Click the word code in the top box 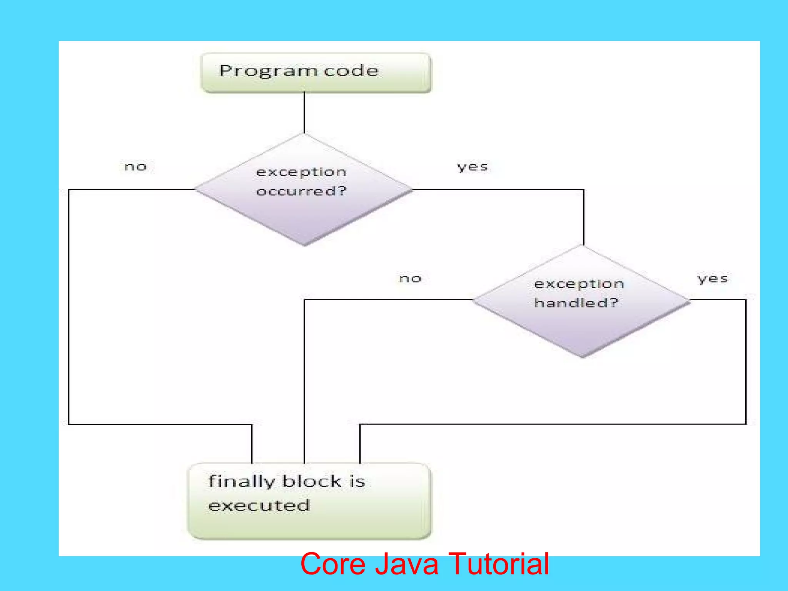pyautogui.click(x=351, y=71)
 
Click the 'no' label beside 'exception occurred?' pyautogui.click(x=135, y=167)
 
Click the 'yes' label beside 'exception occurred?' pyautogui.click(x=472, y=167)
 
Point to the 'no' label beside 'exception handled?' pyautogui.click(x=410, y=278)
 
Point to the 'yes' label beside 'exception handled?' pyautogui.click(x=713, y=278)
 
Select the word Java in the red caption pyautogui.click(x=407, y=564)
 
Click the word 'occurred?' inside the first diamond pyautogui.click(x=301, y=191)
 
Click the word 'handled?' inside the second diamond pyautogui.click(x=576, y=303)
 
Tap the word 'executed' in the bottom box pyautogui.click(x=259, y=505)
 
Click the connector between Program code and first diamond pyautogui.click(x=304, y=112)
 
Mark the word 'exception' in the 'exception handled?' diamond pyautogui.click(x=579, y=284)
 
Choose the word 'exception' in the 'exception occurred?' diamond pyautogui.click(x=301, y=172)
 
